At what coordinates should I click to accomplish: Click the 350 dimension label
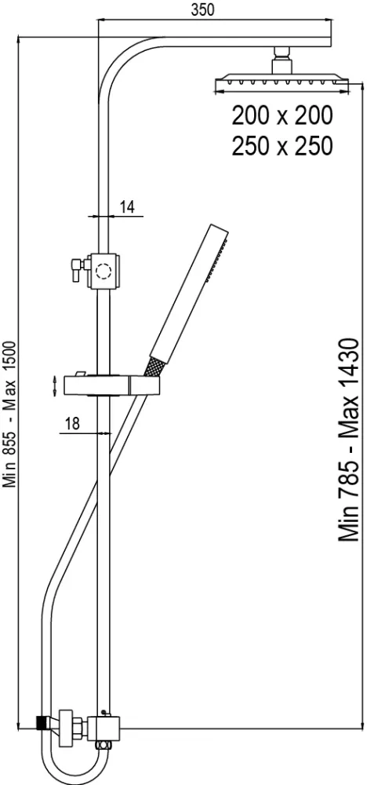point(202,9)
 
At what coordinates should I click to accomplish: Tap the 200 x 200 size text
point(282,116)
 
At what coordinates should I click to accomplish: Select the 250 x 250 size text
point(282,146)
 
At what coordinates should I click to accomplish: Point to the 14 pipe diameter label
point(127,207)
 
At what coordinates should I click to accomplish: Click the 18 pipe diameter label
point(72,424)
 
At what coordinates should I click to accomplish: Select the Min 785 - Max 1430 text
point(348,440)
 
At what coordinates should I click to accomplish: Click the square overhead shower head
point(282,82)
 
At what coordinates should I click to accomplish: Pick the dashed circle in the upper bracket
point(104,272)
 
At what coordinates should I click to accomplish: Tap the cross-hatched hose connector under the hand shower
point(153,367)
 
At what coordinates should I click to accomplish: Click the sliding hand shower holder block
point(112,386)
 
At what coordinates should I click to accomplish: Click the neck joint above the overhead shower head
point(282,60)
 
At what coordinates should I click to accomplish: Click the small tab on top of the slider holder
point(79,374)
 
